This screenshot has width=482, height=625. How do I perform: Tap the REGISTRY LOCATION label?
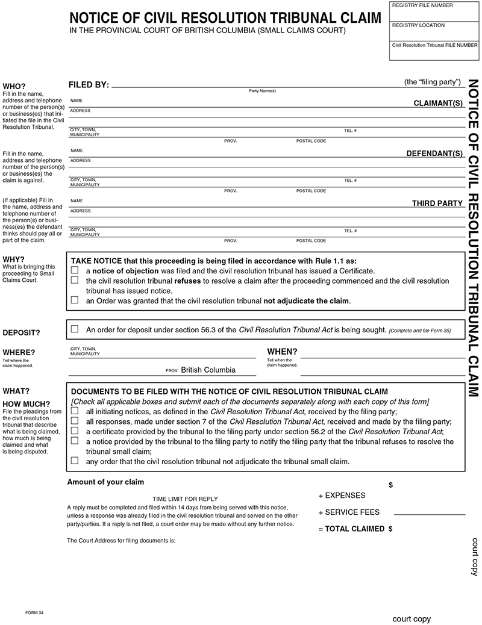pyautogui.click(x=418, y=25)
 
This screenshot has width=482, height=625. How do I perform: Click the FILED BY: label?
pyautogui.click(x=89, y=85)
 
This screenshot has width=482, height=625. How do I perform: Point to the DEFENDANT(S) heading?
pyautogui.click(x=434, y=154)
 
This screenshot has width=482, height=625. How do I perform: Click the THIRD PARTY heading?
pyautogui.click(x=437, y=204)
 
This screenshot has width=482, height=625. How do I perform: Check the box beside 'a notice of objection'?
pyautogui.click(x=75, y=271)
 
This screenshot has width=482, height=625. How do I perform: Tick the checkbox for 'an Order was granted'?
pyautogui.click(x=75, y=300)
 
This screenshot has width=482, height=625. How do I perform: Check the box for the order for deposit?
pyautogui.click(x=75, y=329)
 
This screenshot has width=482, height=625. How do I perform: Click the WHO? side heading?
pyautogui.click(x=14, y=86)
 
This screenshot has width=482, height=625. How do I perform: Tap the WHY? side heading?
pyautogui.click(x=14, y=260)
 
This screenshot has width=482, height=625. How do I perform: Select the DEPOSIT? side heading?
pyautogui.click(x=22, y=332)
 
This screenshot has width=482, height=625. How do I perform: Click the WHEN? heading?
pyautogui.click(x=282, y=352)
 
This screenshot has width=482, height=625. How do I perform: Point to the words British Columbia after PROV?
pyautogui.click(x=208, y=370)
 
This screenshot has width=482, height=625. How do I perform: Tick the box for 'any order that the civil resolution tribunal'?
pyautogui.click(x=75, y=461)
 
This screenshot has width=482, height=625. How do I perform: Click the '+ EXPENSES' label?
pyautogui.click(x=342, y=496)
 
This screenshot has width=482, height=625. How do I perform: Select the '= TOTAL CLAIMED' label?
pyautogui.click(x=351, y=529)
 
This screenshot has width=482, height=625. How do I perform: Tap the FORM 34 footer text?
pyautogui.click(x=34, y=612)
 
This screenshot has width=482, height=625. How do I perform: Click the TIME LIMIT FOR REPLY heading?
pyautogui.click(x=185, y=499)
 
